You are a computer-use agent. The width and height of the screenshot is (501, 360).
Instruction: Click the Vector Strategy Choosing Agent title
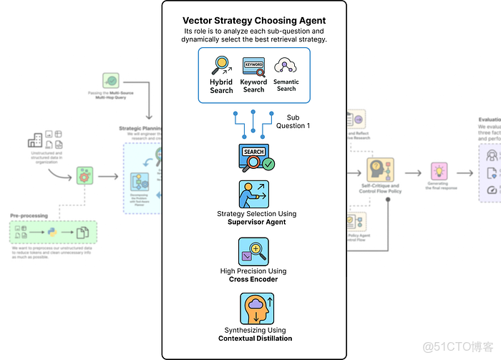pos(254,21)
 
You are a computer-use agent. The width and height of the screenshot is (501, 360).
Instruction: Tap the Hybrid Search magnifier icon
pos(220,67)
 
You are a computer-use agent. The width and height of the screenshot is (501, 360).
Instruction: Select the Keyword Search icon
pos(253,67)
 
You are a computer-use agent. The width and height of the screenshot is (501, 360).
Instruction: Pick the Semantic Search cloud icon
pos(286,67)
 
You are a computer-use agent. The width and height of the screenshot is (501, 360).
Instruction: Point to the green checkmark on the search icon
pos(268,163)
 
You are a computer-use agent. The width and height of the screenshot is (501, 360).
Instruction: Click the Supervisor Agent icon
pos(254,194)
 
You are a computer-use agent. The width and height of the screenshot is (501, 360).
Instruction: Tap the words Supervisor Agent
pos(256,223)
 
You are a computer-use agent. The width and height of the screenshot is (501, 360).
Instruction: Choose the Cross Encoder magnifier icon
pos(254,252)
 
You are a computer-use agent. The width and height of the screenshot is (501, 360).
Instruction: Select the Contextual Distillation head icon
pos(254,311)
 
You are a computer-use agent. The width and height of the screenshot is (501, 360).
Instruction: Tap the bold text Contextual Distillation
pos(256,339)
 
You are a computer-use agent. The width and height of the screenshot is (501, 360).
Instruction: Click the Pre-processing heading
pos(29,215)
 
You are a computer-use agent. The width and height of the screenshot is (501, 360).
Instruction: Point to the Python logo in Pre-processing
pos(53,232)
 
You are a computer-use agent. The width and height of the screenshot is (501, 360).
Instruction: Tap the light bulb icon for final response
pos(439,171)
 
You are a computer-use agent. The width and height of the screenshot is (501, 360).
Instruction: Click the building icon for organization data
pos(34,140)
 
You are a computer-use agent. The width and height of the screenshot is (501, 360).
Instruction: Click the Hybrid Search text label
pos(221,87)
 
